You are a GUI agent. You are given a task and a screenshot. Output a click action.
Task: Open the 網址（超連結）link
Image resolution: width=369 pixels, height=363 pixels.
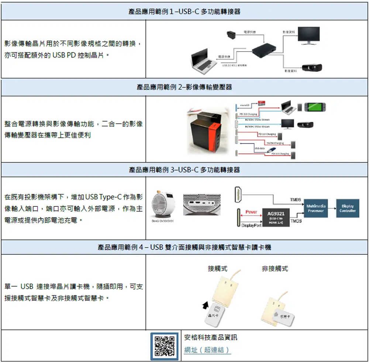(x=207, y=350)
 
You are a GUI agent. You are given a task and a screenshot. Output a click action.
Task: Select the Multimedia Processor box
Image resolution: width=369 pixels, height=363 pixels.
(x=316, y=208)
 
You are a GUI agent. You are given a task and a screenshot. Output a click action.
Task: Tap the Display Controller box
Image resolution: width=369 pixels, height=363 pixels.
(x=348, y=208)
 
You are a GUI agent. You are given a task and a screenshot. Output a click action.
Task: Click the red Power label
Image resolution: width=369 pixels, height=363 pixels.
(x=251, y=212)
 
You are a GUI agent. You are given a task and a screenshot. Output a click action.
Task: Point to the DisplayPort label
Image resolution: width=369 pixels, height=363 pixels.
(x=251, y=225)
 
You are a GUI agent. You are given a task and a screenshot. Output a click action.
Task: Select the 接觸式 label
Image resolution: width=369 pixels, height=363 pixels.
(x=217, y=268)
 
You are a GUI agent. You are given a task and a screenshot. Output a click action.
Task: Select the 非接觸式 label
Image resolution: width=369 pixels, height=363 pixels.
(x=275, y=268)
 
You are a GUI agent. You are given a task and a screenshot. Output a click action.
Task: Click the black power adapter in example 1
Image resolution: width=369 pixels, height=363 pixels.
(x=232, y=36)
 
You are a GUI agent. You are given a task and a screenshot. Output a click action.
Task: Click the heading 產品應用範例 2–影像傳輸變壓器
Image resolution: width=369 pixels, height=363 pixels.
(x=184, y=87)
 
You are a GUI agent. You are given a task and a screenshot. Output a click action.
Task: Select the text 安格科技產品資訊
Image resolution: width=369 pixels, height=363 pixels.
(x=211, y=338)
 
